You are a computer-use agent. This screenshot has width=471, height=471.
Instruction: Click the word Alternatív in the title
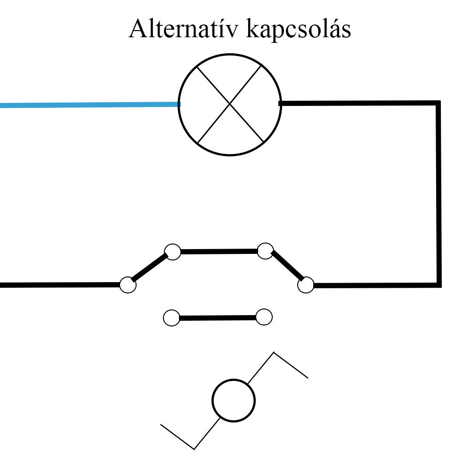(x=184, y=29)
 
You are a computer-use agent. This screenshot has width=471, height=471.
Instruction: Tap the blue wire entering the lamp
(x=90, y=105)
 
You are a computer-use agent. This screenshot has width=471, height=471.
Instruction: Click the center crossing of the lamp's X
(x=230, y=104)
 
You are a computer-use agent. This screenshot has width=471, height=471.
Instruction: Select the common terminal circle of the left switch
(x=128, y=285)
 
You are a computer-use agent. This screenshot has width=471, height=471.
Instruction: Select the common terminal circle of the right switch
(x=306, y=284)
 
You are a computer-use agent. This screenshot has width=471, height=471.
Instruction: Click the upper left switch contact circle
(x=173, y=252)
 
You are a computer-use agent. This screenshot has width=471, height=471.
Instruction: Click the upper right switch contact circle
(x=266, y=251)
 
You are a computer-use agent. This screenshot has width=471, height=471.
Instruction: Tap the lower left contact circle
(x=171, y=318)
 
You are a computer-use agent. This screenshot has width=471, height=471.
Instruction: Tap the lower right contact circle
(x=264, y=317)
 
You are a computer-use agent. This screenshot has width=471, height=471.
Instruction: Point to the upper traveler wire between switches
(x=219, y=252)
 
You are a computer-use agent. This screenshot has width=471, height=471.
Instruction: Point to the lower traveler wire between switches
(x=218, y=318)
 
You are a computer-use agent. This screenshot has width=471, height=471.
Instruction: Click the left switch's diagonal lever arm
(x=150, y=268)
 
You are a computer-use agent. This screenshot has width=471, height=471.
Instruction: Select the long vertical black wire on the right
(x=439, y=194)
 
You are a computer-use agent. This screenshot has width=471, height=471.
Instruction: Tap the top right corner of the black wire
(x=439, y=102)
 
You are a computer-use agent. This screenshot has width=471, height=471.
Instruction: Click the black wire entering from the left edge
(x=60, y=285)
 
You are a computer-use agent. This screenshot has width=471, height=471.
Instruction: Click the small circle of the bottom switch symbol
(x=234, y=401)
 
